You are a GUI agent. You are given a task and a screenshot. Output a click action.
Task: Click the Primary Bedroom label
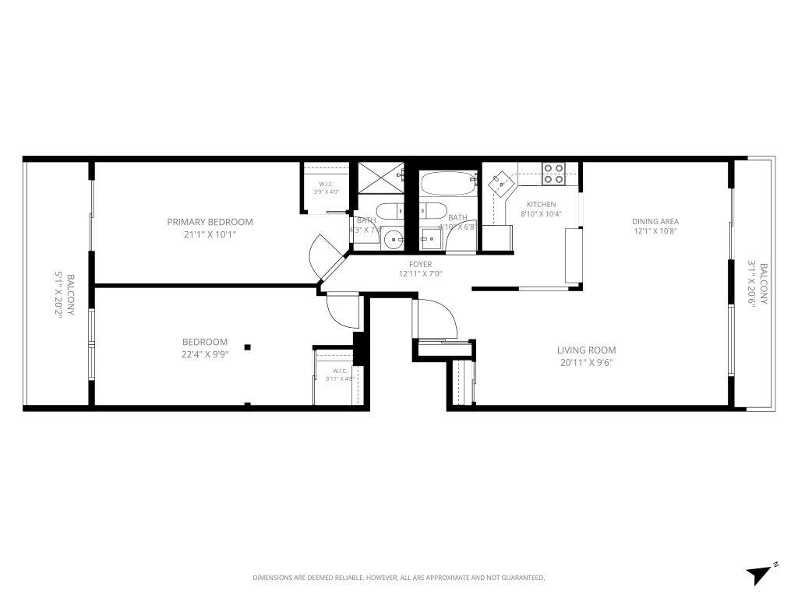click(210, 222)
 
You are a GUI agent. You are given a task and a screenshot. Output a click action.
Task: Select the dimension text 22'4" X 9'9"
click(205, 354)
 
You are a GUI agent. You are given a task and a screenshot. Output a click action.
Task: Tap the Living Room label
click(586, 350)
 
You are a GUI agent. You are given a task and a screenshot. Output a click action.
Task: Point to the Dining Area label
click(655, 221)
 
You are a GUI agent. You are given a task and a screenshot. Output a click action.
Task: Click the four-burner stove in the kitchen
click(553, 173)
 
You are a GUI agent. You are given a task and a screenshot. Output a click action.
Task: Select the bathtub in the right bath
click(448, 185)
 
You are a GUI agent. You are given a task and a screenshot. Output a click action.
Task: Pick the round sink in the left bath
click(393, 237)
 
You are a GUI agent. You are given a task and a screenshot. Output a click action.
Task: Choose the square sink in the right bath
click(428, 237)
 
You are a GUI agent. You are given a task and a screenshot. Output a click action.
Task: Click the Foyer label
click(421, 265)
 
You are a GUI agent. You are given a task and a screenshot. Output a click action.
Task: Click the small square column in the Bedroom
click(248, 347)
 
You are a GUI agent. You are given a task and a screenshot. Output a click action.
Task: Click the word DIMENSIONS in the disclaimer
click(272, 578)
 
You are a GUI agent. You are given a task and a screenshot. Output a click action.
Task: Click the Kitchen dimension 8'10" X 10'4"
click(541, 214)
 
